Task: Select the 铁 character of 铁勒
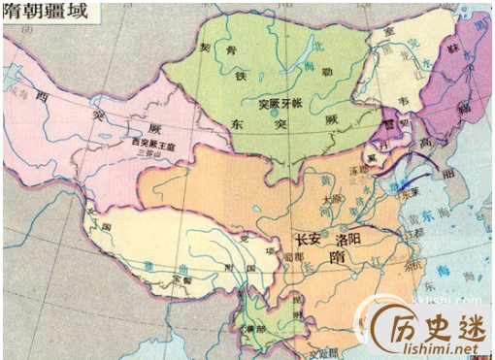[243, 74]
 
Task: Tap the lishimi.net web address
[442, 347]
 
